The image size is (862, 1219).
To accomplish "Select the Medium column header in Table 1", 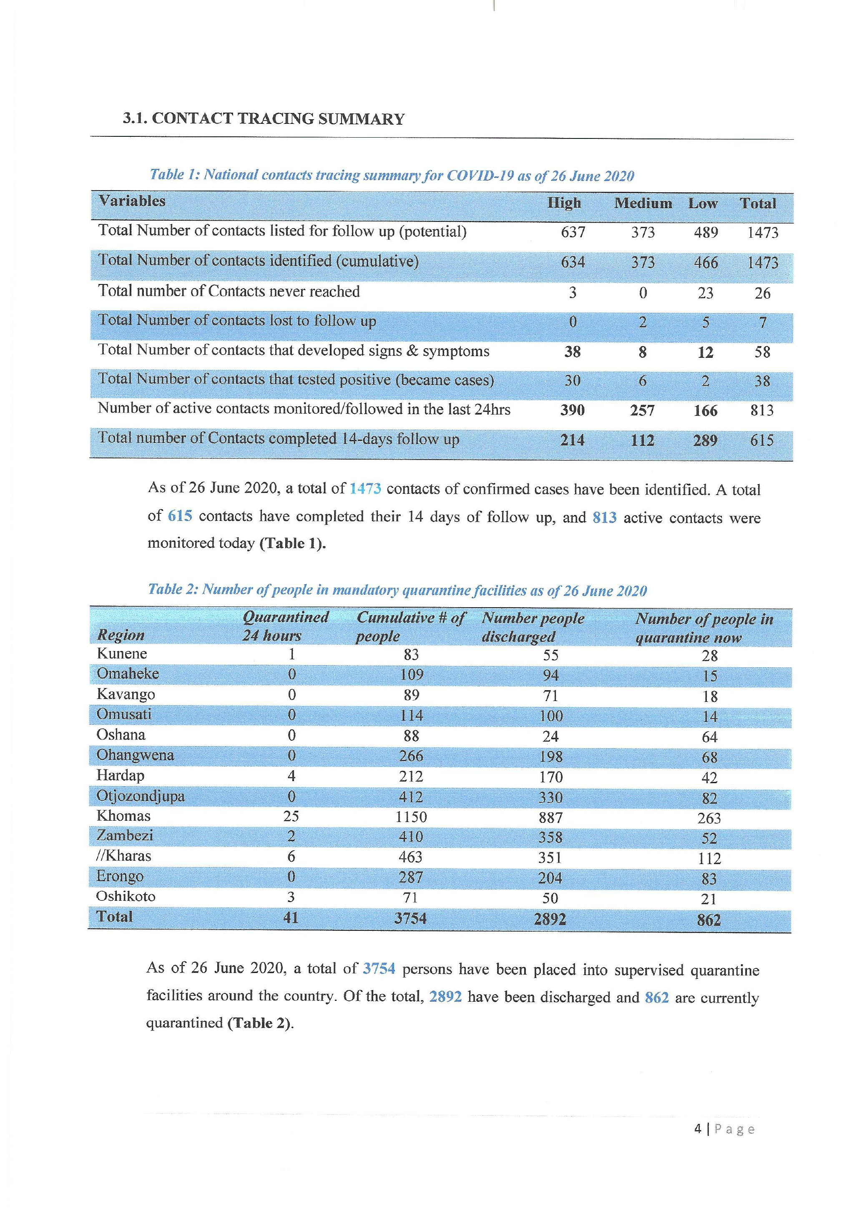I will (643, 204).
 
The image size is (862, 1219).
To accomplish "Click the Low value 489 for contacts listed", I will (706, 233).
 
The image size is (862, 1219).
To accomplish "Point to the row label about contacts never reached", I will (229, 292).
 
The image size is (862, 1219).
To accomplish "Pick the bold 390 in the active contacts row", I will (572, 410).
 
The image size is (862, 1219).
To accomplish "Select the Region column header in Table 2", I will (121, 635).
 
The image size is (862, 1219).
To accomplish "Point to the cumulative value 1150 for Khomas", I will (411, 817).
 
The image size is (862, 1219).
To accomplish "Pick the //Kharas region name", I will (124, 856).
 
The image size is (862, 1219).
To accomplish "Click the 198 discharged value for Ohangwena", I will (550, 757).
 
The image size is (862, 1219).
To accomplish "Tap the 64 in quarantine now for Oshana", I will (709, 737).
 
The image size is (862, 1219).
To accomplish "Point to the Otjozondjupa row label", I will (140, 796).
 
